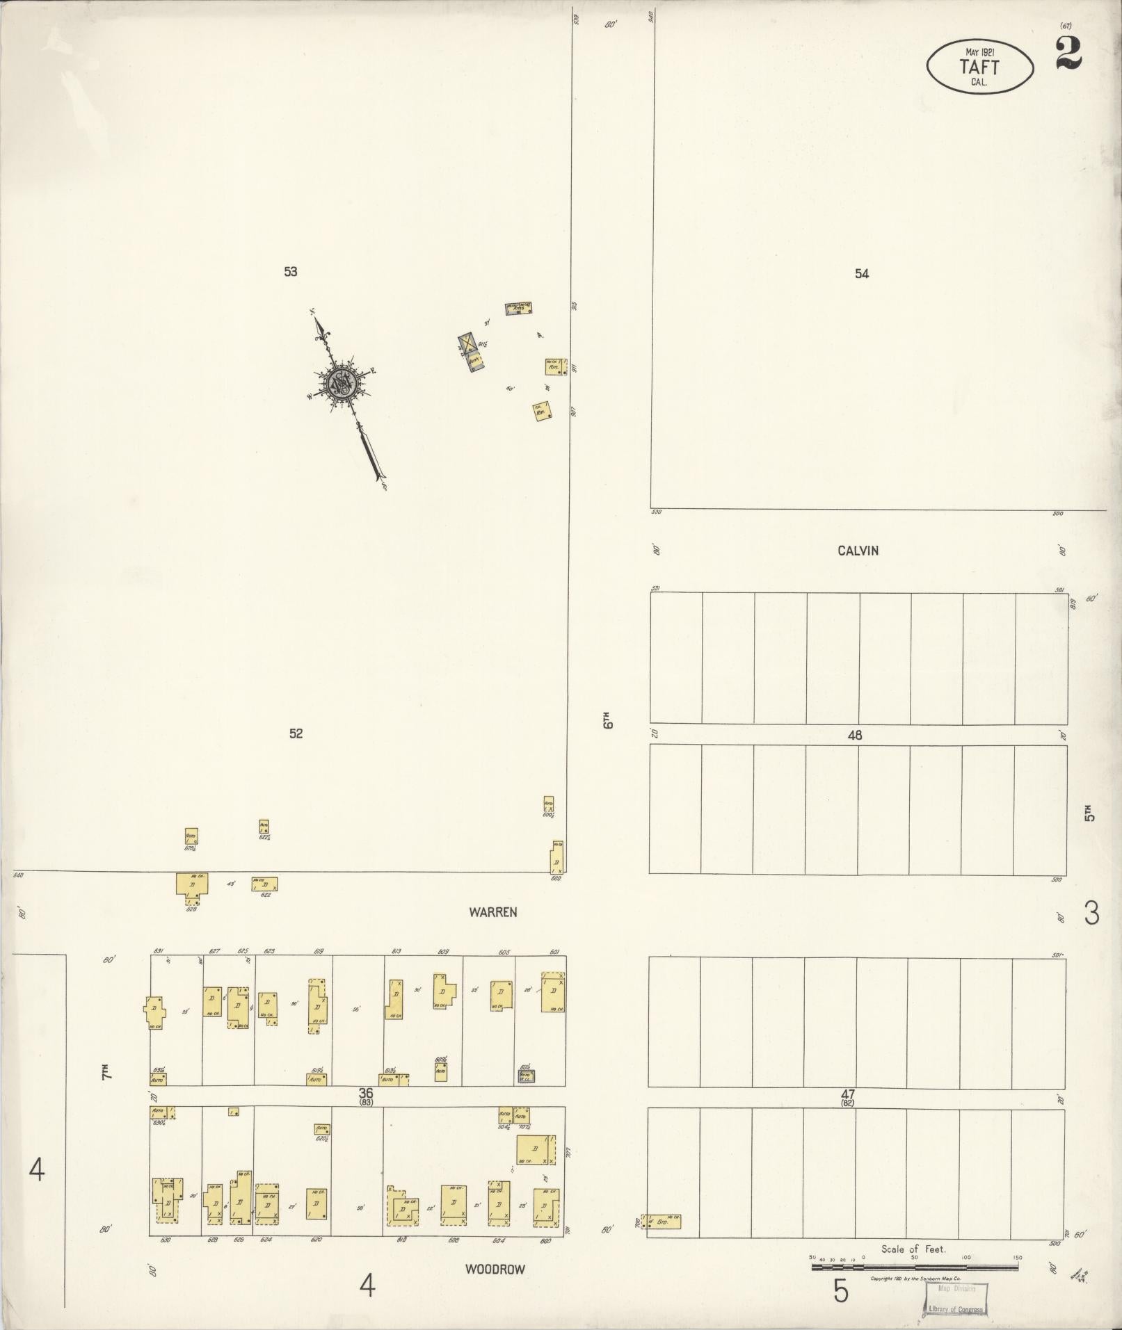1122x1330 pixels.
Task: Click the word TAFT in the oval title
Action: click(x=979, y=67)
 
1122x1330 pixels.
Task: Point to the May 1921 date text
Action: click(x=979, y=52)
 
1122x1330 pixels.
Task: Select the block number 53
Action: click(x=291, y=272)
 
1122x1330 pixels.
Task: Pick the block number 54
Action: click(x=862, y=274)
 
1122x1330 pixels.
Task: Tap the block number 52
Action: click(x=296, y=733)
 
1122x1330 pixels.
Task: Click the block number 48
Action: click(x=855, y=735)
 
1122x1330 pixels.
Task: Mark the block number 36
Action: click(x=366, y=1094)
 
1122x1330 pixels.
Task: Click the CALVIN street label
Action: click(x=858, y=551)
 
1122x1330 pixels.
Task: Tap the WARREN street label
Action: click(x=492, y=912)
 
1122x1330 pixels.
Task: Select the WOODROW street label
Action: click(x=495, y=1269)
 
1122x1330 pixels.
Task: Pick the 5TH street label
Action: click(x=1089, y=812)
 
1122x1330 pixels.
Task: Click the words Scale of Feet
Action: click(x=913, y=1249)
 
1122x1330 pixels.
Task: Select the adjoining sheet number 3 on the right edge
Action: click(x=1091, y=913)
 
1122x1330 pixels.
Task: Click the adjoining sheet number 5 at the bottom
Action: click(x=841, y=1291)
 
